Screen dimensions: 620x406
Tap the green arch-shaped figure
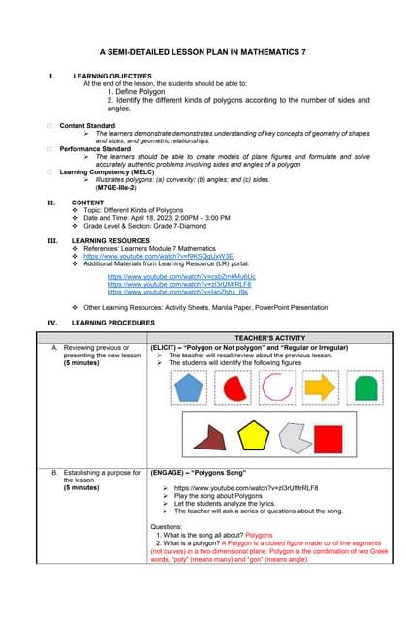click(367, 389)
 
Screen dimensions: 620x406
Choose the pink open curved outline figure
click(277, 388)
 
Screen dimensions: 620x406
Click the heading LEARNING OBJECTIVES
click(111, 76)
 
